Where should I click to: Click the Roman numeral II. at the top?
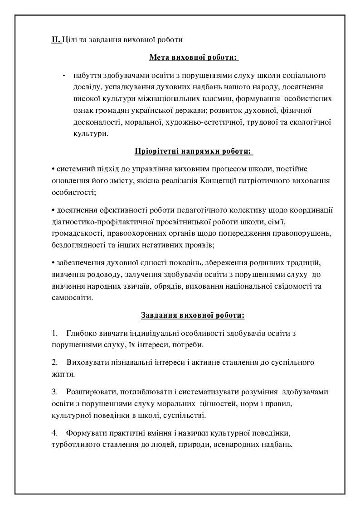point(56,39)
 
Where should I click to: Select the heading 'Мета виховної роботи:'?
point(193,58)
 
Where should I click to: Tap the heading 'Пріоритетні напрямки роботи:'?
point(193,151)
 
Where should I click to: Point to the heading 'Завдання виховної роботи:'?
point(193,315)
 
